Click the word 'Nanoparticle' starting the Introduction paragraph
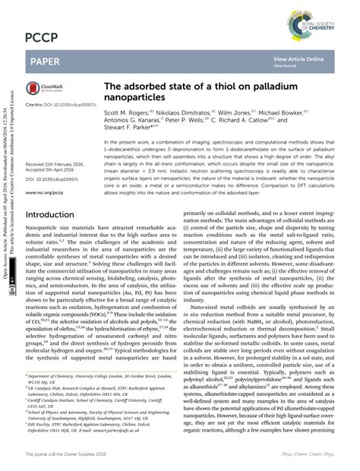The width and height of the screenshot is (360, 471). [43, 227]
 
